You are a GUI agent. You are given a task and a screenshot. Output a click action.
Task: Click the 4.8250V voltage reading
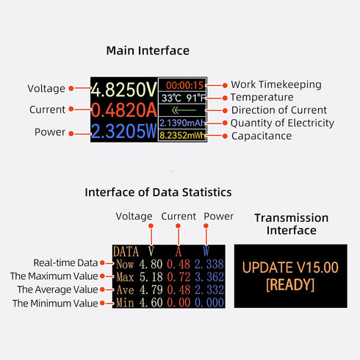[x=124, y=90]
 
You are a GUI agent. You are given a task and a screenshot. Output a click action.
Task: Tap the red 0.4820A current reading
[x=124, y=110]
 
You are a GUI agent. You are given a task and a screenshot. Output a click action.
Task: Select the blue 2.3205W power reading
[x=124, y=132]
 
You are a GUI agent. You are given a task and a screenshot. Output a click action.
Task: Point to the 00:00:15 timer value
[x=184, y=85]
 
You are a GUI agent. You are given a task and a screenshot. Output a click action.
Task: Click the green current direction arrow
[x=184, y=110]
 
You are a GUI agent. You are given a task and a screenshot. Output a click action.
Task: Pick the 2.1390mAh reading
[x=182, y=123]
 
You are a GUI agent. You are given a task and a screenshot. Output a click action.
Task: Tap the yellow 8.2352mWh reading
[x=182, y=135]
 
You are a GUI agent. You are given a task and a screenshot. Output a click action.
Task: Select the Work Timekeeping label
[x=276, y=84]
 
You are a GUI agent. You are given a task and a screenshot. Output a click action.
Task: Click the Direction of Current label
[x=279, y=110]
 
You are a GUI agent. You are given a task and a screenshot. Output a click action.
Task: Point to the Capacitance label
[x=262, y=136]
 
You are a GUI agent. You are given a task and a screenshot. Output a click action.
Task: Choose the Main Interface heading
[x=148, y=51]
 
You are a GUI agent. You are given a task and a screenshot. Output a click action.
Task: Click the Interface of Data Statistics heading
[x=158, y=192]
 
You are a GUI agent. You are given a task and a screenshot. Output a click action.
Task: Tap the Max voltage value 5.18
[x=151, y=277]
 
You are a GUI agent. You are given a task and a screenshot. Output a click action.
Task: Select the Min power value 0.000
[x=209, y=303]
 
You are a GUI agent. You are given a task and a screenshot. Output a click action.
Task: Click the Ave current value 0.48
[x=179, y=289]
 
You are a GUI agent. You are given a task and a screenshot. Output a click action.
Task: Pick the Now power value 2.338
[x=209, y=264]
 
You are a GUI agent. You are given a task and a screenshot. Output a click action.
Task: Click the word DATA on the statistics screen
[x=126, y=252]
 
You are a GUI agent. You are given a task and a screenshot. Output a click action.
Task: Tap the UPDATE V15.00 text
[x=290, y=267]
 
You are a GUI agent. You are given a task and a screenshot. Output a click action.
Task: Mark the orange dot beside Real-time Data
[x=103, y=263]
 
